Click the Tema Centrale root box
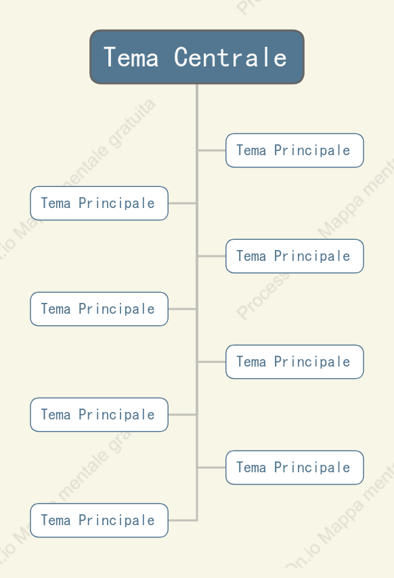197,57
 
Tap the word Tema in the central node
131,58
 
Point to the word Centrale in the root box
230,58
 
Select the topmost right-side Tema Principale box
294,150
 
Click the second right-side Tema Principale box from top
294,256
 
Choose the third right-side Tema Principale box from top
294,362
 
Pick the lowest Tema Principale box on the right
294,468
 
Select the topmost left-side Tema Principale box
100,203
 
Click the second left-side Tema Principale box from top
100,309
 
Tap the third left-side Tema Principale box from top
100,415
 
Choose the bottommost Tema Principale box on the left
100,520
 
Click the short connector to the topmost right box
212,150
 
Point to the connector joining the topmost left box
182,203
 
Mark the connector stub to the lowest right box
212,468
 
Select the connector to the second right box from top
212,256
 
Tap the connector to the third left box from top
182,415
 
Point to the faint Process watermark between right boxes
262,296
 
